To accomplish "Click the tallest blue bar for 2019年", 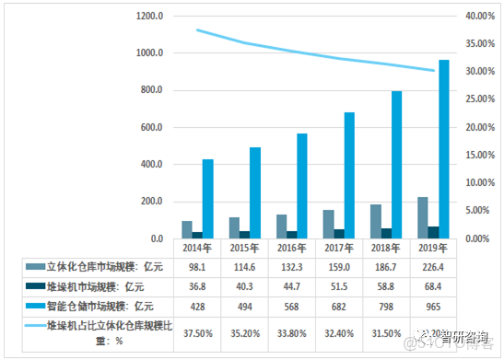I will click(444, 149).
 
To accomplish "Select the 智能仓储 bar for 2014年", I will click(208, 199).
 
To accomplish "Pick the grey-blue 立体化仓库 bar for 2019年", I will click(423, 217).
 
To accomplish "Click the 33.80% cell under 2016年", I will click(289, 331).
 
